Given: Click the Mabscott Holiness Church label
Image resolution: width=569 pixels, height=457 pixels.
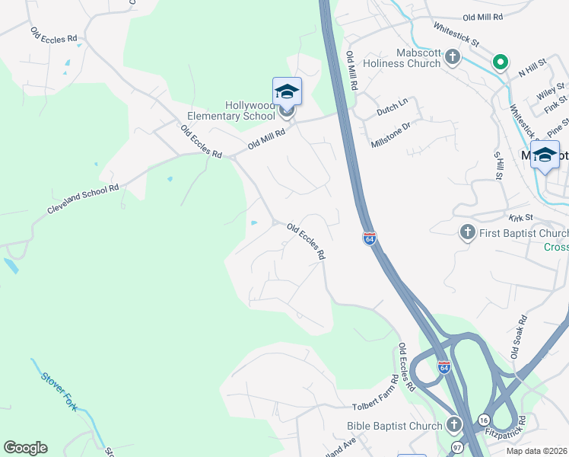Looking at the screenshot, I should click(408, 58).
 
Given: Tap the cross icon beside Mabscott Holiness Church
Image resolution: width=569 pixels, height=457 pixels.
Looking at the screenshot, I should click(453, 56).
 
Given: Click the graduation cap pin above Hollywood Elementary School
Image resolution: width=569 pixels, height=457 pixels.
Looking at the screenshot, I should click(287, 92).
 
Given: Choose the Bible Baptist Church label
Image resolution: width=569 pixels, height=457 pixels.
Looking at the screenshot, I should click(394, 426).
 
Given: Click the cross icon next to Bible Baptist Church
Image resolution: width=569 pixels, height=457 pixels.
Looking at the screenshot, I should click(454, 424).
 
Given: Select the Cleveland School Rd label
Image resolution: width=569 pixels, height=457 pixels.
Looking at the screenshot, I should click(84, 198).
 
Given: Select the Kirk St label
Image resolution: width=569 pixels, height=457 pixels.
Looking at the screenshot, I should click(520, 218).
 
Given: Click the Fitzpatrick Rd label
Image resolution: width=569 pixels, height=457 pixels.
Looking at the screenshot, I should click(506, 430).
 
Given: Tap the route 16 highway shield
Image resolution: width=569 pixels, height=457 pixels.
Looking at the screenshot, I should click(484, 420).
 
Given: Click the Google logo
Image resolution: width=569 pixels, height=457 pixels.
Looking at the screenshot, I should click(25, 448).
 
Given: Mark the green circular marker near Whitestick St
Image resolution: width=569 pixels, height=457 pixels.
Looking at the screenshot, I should click(500, 62).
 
